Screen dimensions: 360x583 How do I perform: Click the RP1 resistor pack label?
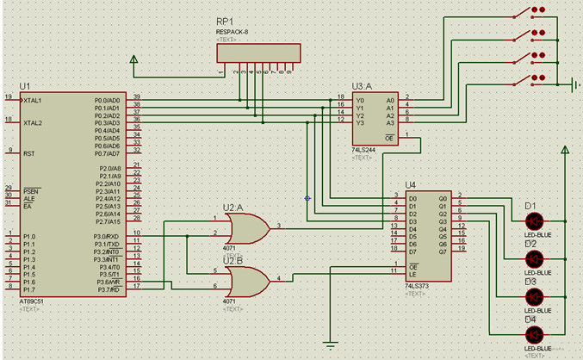click(x=226, y=22)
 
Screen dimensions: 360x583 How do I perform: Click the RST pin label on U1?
click(x=28, y=152)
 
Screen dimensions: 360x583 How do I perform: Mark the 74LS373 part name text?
click(x=418, y=283)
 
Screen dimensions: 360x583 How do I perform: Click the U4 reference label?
click(x=410, y=184)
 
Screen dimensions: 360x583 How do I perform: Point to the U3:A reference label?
click(x=363, y=86)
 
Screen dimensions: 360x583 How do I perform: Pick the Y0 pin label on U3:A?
click(x=359, y=100)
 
